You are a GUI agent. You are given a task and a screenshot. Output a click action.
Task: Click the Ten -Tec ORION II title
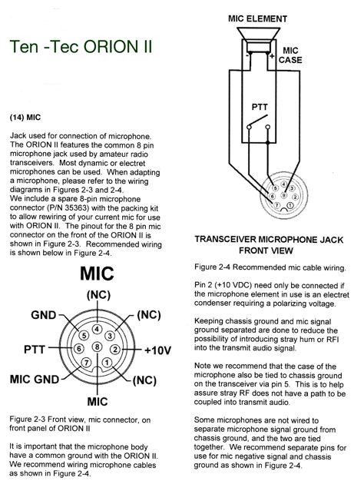point(81,47)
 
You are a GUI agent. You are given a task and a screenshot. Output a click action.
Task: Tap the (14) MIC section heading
point(25,118)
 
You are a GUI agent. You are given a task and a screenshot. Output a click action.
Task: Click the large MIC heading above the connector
point(97,274)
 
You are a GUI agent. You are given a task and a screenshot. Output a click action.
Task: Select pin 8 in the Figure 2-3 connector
point(98,347)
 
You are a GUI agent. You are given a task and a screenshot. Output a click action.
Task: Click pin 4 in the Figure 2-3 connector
point(98,329)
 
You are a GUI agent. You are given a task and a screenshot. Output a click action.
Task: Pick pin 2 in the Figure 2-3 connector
point(115,349)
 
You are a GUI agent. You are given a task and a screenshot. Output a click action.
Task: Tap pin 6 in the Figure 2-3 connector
point(79,349)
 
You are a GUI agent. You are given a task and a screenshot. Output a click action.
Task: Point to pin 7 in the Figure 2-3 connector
point(86,363)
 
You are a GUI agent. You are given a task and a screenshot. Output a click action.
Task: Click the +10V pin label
point(157,350)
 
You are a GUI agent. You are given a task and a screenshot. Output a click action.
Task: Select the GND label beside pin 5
point(44,315)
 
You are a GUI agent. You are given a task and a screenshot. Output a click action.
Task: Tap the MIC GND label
point(35,380)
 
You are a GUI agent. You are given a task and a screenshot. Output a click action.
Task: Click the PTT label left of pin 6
point(35,349)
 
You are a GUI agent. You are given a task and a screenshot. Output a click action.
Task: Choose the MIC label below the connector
point(98,402)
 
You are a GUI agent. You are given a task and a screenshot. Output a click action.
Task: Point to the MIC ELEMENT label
point(257,18)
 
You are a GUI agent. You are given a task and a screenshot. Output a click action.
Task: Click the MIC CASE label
point(290,55)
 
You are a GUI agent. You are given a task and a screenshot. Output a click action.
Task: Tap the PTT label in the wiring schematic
point(260,107)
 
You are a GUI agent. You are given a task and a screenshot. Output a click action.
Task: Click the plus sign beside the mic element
point(272,56)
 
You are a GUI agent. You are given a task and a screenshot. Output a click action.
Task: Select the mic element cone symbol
point(258,40)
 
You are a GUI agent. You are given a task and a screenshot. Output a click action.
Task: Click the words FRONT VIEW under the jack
point(266,250)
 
